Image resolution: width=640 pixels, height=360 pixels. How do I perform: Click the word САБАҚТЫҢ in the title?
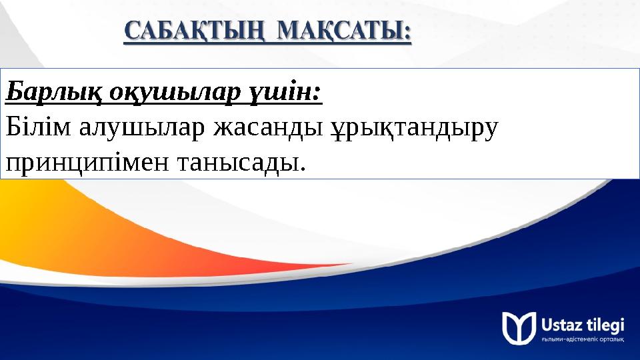coord(194,31)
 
